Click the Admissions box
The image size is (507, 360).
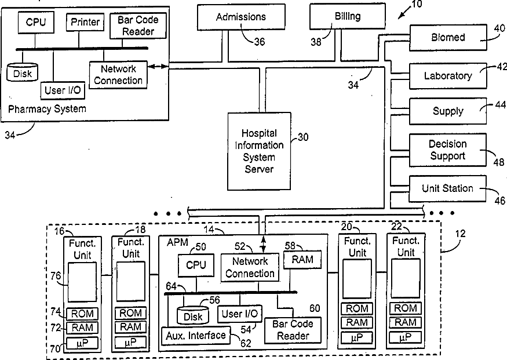point(241,17)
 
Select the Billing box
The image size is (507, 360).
point(348,16)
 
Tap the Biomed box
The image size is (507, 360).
point(448,38)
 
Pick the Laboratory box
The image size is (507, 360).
point(448,76)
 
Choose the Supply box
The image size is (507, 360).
point(448,111)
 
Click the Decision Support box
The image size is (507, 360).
point(448,150)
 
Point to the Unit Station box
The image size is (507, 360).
point(448,188)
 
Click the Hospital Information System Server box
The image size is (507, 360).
point(260,151)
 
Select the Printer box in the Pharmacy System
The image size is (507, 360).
point(85,22)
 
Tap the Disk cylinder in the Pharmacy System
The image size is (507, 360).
point(23,72)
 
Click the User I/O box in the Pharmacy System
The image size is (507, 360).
point(63,90)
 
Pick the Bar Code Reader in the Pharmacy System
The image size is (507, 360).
point(138,26)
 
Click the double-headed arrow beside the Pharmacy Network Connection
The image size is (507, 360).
point(158,67)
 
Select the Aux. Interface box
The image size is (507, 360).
point(196,336)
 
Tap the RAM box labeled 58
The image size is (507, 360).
point(302,260)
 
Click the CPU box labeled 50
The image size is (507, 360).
point(196,266)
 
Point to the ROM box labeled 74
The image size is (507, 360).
point(82,314)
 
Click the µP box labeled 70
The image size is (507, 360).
point(82,343)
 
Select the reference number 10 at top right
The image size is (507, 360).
point(417,4)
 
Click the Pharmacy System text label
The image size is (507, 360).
point(47,109)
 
